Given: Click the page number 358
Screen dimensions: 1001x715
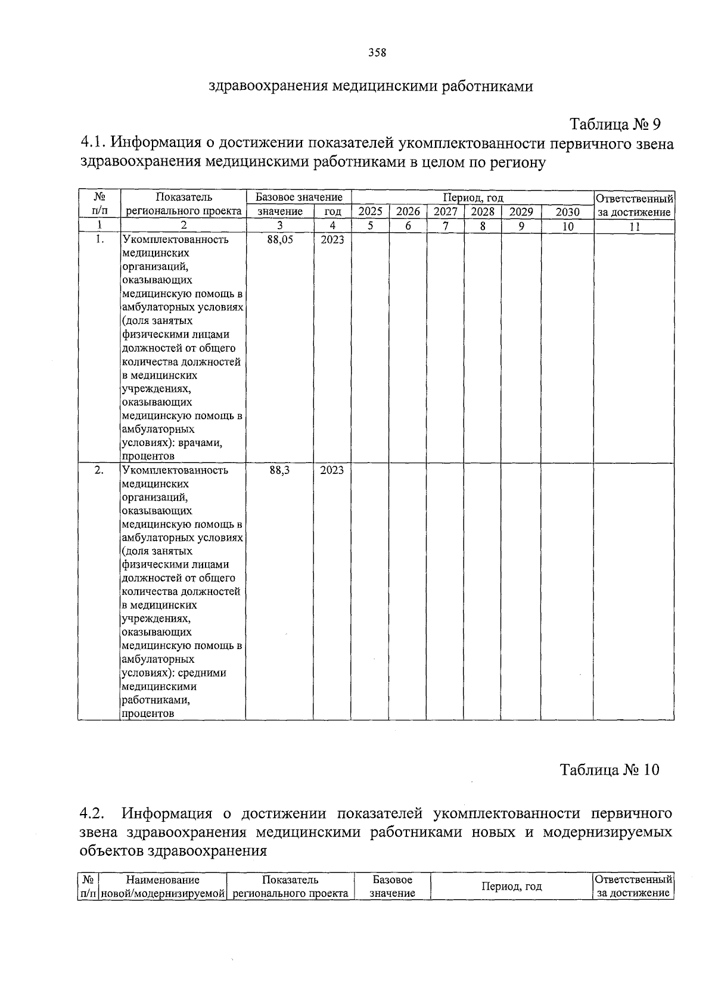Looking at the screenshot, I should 377,52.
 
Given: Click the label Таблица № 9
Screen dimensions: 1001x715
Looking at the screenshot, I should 615,124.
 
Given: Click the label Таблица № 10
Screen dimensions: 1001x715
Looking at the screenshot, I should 610,769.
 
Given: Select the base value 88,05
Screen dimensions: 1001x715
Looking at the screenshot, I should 280,239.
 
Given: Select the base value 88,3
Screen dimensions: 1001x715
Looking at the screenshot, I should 280,470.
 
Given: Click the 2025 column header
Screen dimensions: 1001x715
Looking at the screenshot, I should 370,211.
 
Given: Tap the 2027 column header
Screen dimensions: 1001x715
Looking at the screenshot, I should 445,211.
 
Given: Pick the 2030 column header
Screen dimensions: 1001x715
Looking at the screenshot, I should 567,211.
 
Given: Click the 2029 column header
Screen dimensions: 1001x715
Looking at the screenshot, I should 521,211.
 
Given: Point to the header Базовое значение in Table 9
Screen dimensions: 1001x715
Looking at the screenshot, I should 299,197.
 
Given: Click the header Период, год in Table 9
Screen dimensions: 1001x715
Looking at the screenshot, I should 472,197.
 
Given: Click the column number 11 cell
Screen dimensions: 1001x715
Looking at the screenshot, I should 635,226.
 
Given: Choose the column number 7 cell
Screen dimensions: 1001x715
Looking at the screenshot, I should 445,226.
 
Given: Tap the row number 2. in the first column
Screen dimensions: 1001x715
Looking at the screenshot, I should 99,470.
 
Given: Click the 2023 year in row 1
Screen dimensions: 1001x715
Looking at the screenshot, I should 332,239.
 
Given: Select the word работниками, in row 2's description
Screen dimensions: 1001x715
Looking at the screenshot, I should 156,700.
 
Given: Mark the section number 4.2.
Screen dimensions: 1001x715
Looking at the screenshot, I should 92,813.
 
